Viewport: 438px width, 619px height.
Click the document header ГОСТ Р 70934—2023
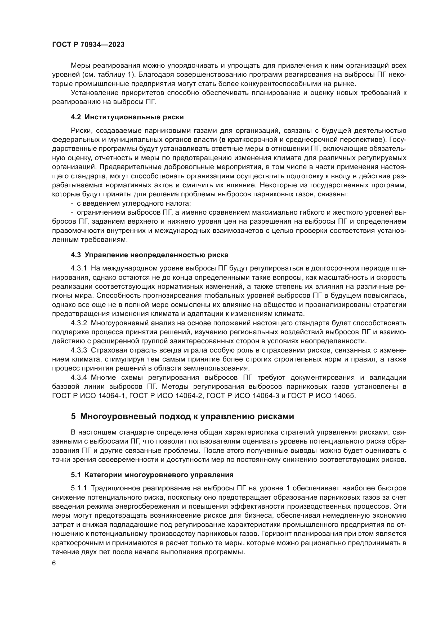(88, 45)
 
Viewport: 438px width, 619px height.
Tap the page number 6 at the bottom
(54, 563)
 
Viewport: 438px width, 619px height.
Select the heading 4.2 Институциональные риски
(127, 117)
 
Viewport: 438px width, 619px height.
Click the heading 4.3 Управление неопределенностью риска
(149, 255)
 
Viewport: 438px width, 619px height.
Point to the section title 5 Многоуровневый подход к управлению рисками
(182, 417)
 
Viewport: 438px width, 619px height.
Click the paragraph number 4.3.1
(79, 268)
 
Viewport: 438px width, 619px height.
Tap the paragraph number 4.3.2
(79, 323)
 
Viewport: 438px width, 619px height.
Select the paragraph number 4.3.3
(79, 350)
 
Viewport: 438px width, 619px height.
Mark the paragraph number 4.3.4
(79, 377)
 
